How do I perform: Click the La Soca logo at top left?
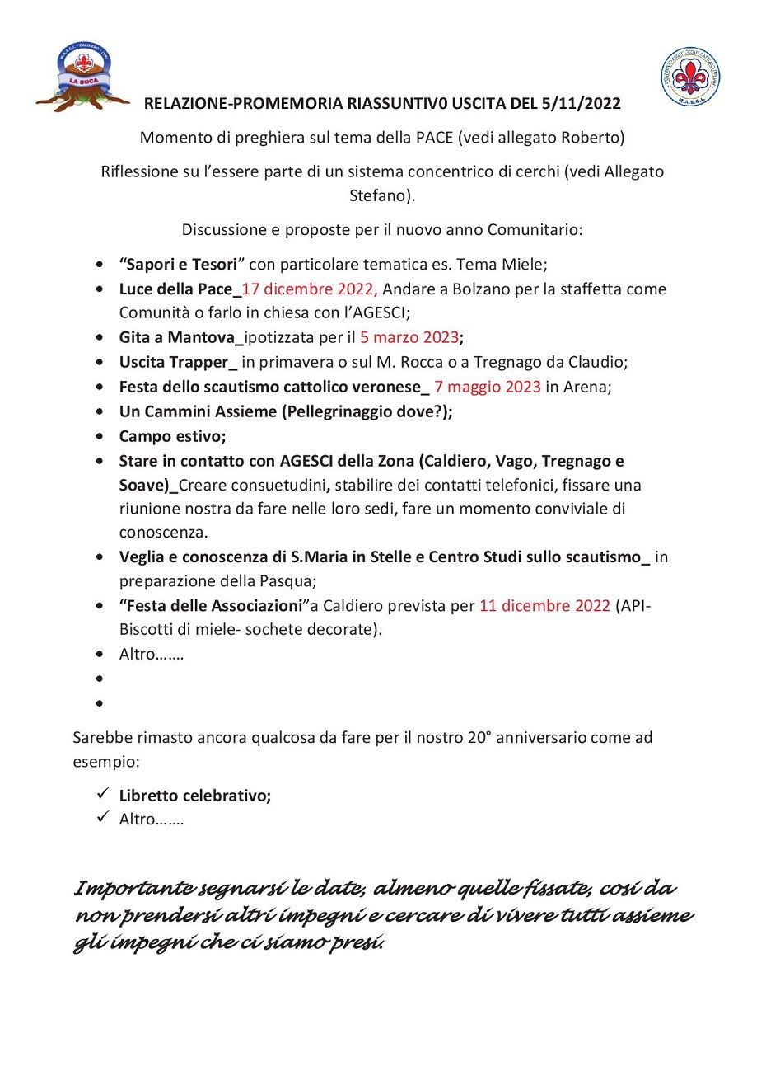click(82, 77)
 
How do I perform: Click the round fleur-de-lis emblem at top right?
click(690, 77)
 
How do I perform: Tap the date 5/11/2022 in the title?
click(582, 104)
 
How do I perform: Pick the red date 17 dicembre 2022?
click(310, 289)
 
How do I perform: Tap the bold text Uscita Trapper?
click(175, 362)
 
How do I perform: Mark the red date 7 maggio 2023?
click(488, 387)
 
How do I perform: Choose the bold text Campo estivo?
click(172, 436)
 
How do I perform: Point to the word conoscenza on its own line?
click(163, 533)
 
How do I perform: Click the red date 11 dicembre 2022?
click(544, 606)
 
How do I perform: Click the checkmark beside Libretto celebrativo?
click(103, 795)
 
